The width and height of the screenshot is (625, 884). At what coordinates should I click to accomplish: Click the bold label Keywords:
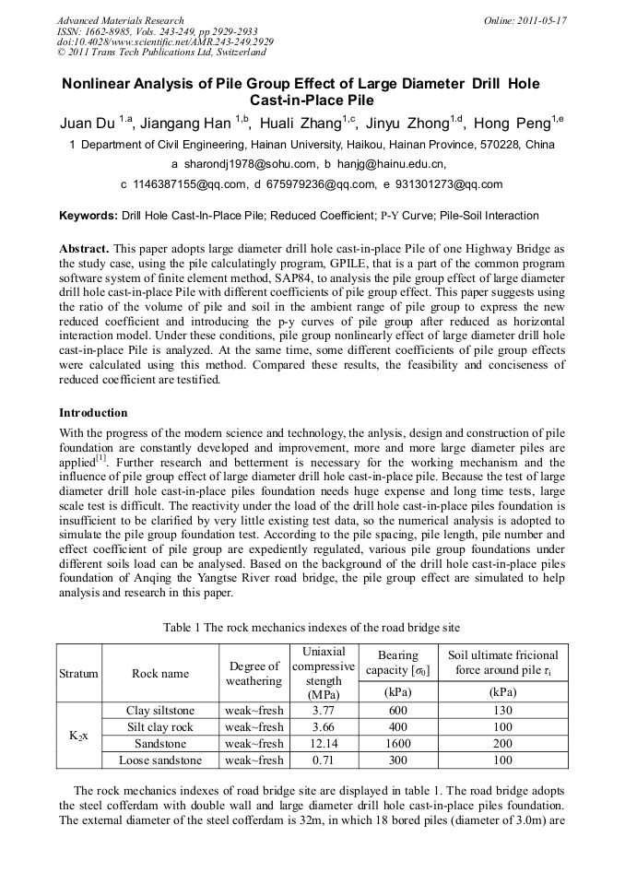point(88,216)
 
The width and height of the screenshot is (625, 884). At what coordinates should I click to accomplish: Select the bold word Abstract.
point(84,250)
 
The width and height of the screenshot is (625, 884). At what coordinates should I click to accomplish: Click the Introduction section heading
point(93,412)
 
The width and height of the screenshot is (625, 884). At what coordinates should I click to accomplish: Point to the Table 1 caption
point(312,627)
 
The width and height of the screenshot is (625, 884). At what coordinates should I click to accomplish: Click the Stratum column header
point(78,673)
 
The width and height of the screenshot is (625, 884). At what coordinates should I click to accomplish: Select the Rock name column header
point(160,673)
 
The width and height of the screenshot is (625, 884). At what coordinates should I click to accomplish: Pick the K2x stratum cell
point(78,736)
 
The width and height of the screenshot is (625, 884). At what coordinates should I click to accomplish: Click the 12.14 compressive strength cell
point(323,744)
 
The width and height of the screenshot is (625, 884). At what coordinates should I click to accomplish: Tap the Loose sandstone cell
point(160,760)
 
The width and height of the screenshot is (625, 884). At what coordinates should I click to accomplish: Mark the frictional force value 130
point(502,711)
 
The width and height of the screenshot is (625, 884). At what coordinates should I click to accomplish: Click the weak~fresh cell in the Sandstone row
point(254,744)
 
